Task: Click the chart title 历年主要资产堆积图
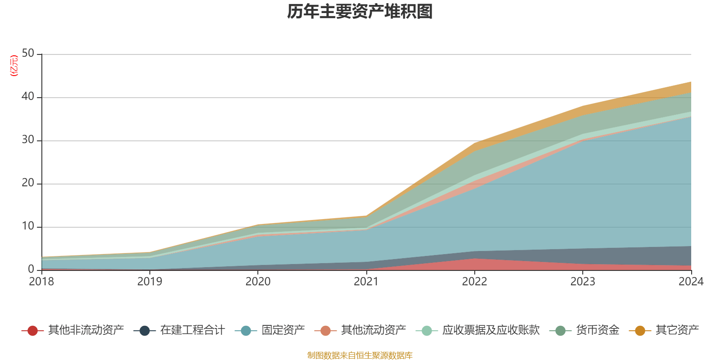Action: click(360, 12)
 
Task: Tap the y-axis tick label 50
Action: click(28, 53)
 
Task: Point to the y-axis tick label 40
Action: click(28, 96)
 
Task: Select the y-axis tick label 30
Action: click(28, 139)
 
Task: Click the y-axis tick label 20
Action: click(28, 183)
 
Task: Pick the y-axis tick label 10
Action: click(28, 226)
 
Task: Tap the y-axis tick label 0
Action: click(31, 269)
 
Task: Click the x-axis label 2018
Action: click(41, 282)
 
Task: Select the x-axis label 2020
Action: click(258, 282)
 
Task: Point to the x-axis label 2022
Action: click(474, 282)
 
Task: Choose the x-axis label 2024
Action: click(691, 282)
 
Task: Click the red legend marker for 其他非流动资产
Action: click(32, 331)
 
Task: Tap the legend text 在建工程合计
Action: click(192, 330)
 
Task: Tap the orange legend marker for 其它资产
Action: click(640, 331)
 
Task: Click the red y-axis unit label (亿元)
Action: click(14, 66)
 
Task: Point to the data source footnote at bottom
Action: click(360, 355)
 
